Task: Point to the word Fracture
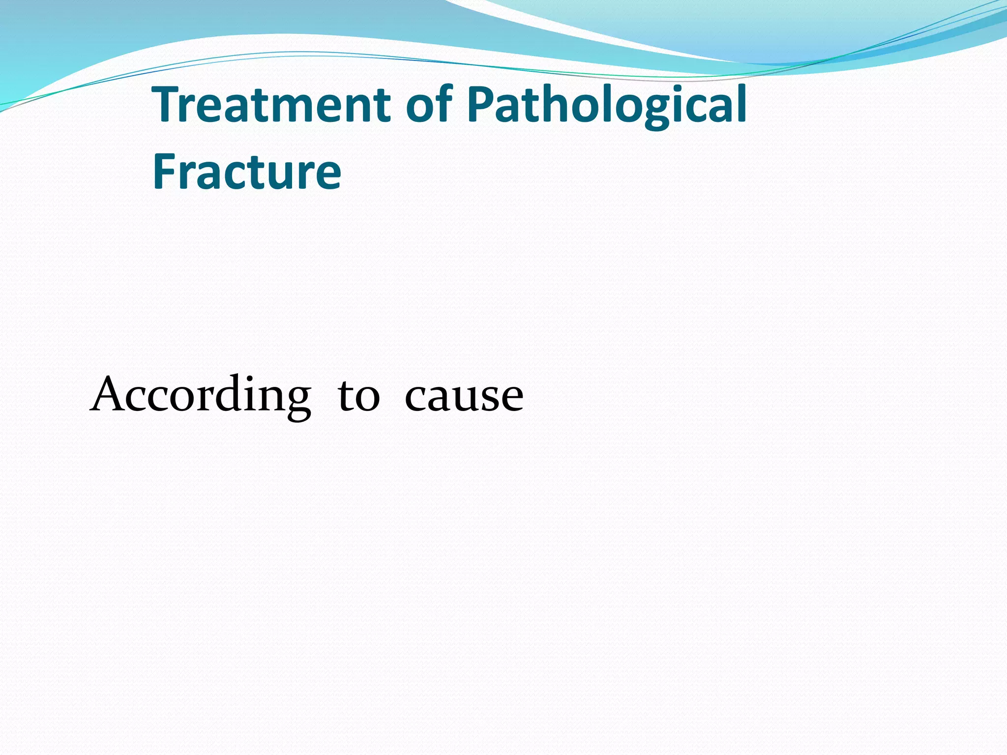[247, 172]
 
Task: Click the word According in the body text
[201, 396]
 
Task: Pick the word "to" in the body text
[358, 396]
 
